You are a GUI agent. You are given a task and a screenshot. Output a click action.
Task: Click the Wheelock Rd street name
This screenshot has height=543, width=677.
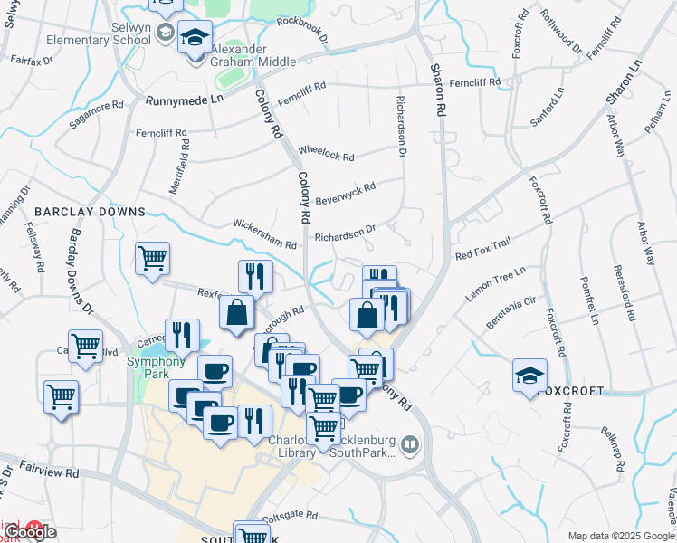click(x=326, y=154)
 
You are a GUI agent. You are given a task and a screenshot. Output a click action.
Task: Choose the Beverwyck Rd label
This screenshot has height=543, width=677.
click(x=345, y=192)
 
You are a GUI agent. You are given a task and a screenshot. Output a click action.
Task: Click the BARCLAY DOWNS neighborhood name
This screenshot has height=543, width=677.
click(x=90, y=211)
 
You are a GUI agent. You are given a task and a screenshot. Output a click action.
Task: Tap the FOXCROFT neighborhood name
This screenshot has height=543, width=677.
click(x=569, y=391)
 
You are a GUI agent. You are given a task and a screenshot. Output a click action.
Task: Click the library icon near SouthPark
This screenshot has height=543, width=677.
click(x=410, y=444)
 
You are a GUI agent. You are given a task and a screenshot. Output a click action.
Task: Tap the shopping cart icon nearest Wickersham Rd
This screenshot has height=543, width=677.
click(x=152, y=258)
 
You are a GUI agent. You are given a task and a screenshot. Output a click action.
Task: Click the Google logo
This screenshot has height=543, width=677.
click(x=30, y=532)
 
